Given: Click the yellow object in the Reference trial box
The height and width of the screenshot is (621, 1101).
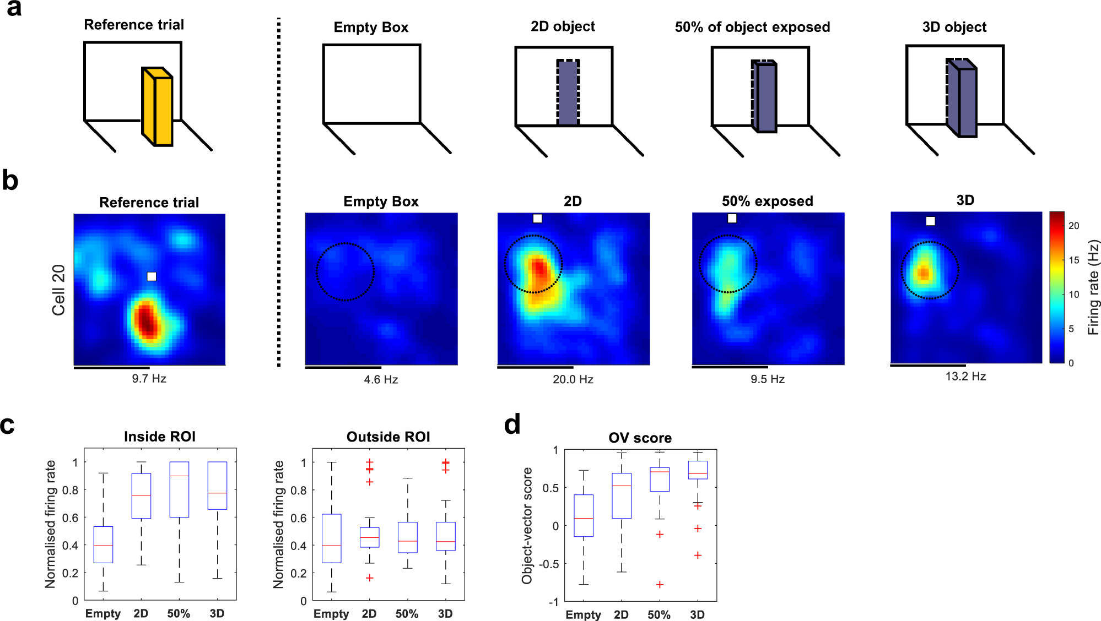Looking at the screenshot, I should point(158,107).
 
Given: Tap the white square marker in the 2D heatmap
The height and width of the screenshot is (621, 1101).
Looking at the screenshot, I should point(537,219).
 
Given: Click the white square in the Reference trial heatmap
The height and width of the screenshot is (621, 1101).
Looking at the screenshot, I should point(152,276).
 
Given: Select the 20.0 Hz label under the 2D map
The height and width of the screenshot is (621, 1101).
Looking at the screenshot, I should point(573,379).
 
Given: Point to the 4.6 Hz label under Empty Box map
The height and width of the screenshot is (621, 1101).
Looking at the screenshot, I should point(381,379).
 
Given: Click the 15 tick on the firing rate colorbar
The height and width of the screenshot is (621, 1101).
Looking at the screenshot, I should point(1074,260).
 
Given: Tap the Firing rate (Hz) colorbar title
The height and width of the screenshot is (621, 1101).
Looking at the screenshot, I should point(1093,287).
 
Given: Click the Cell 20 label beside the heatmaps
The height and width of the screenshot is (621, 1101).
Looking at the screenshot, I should point(58,290).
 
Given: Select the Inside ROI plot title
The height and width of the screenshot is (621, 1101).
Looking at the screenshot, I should point(160,437).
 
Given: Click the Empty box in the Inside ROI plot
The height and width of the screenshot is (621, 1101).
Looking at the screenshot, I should point(103,544).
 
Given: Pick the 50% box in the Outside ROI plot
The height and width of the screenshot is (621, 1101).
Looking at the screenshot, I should point(407,537).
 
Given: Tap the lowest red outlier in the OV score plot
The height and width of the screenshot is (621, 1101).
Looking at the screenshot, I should point(660,584).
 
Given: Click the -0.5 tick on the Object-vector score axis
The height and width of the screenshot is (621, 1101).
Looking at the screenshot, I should point(548,564).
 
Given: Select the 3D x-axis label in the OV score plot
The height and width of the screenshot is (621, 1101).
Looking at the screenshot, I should point(697,614).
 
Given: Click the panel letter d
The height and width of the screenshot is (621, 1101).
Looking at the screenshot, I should point(512,424).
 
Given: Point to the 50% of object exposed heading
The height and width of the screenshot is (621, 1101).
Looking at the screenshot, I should point(752,27).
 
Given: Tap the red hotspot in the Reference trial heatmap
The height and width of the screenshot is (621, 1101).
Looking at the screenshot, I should point(147,320).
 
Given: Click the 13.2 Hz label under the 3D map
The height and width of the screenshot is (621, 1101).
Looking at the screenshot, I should point(965,377).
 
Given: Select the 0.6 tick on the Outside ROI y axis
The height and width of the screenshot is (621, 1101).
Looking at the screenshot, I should point(299,517).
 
